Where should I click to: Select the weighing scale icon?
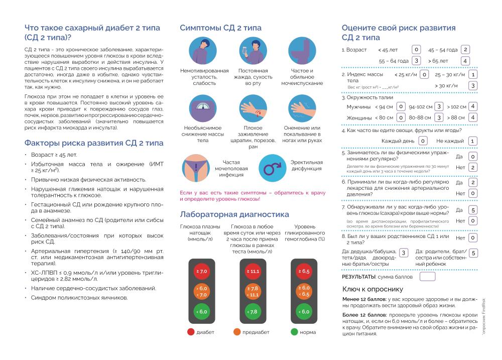click(x=203, y=108)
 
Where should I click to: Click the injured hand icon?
click(x=253, y=108)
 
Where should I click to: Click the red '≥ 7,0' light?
click(x=201, y=272)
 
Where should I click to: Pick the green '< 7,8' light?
click(x=253, y=311)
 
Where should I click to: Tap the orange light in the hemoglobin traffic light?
click(x=304, y=291)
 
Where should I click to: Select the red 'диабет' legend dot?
click(x=191, y=332)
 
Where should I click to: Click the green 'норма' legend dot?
click(x=294, y=332)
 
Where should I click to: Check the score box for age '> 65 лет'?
click(x=465, y=61)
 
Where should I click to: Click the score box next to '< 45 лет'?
click(x=416, y=50)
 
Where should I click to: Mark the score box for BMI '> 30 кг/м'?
click(x=473, y=86)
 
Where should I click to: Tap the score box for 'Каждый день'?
click(x=423, y=141)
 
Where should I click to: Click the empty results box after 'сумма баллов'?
click(x=427, y=277)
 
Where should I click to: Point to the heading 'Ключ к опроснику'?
click(x=372, y=289)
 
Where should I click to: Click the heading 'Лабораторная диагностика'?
click(x=234, y=214)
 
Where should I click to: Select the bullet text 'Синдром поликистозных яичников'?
click(x=79, y=297)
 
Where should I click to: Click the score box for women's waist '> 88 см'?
click(x=473, y=117)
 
